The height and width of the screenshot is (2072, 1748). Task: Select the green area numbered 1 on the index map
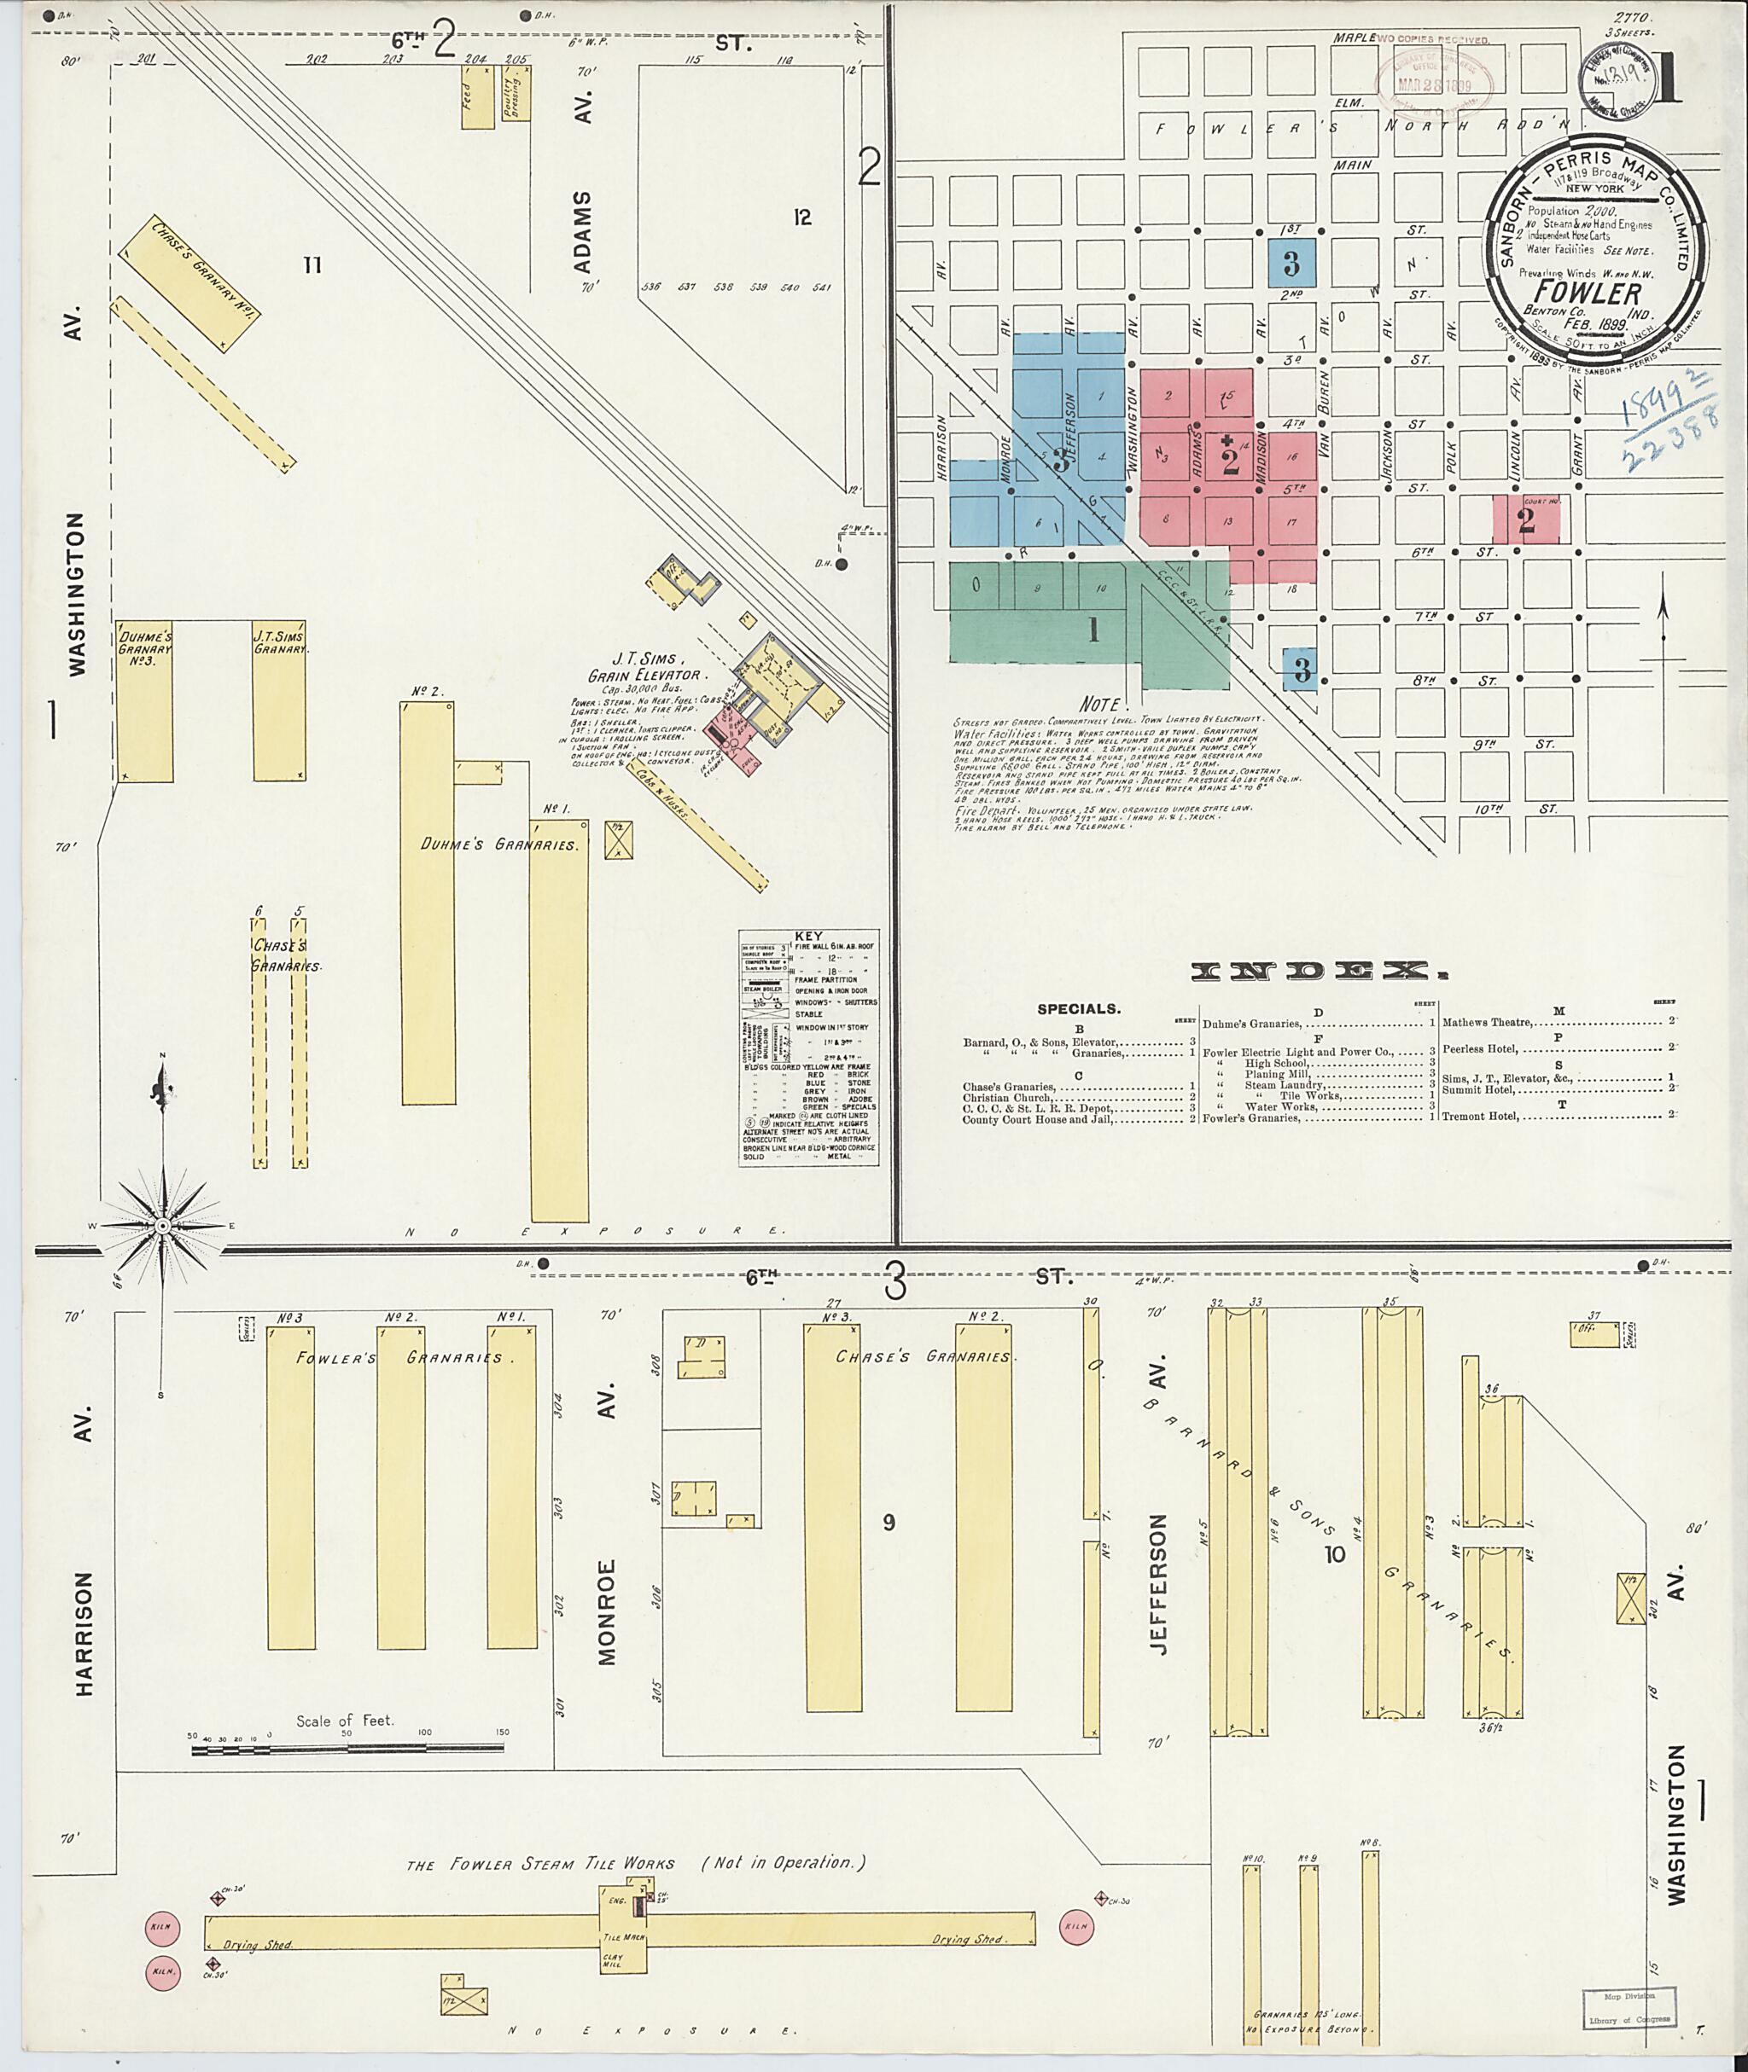[1093, 630]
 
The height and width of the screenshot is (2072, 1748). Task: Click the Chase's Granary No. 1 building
[189, 282]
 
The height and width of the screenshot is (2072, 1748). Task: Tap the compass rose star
[160, 1226]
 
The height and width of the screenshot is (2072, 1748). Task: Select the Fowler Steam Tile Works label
[540, 1864]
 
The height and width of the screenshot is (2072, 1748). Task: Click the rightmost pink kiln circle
[1077, 1926]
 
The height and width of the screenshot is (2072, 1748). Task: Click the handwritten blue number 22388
[1668, 455]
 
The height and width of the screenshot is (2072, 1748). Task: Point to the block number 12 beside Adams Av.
[801, 217]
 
